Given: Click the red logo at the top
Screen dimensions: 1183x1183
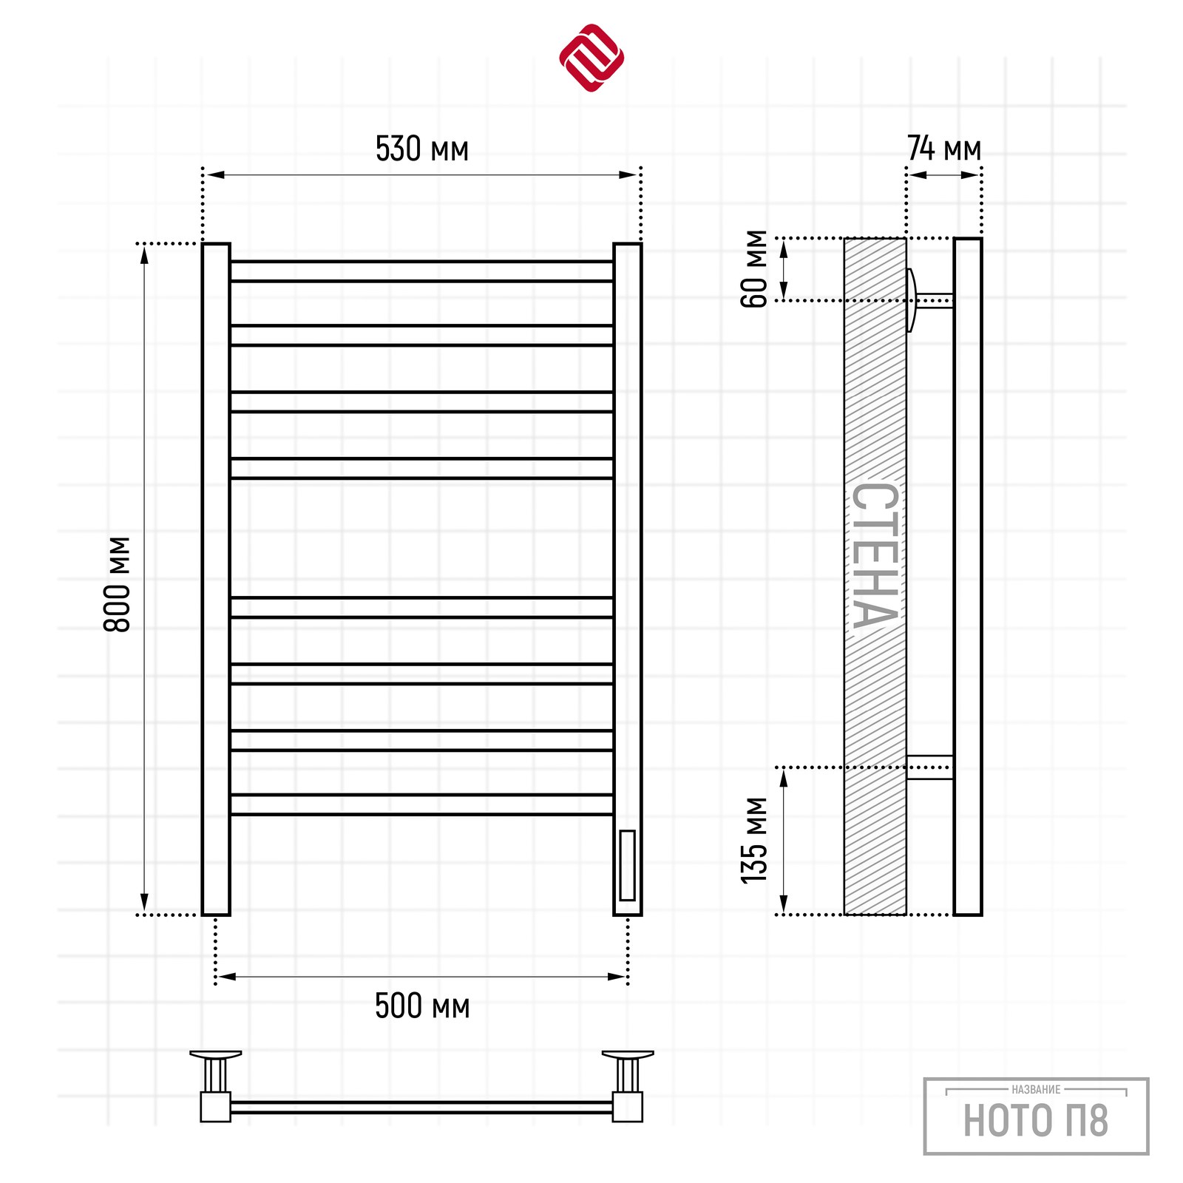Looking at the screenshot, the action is [x=591, y=58].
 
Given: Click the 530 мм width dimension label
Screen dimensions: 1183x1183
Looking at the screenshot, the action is [x=422, y=149].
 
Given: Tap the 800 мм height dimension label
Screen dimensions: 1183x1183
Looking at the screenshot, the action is [x=117, y=584].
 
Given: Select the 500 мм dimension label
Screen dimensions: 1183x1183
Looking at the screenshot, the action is [x=422, y=1006].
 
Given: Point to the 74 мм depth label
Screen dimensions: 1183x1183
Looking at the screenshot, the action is [x=944, y=148].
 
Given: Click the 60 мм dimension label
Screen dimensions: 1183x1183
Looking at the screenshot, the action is [x=754, y=268].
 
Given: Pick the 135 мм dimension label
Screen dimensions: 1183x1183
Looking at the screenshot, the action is [x=754, y=841].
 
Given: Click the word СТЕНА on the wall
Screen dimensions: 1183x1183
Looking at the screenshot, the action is [x=875, y=555].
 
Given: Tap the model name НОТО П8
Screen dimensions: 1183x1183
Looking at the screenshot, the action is [x=1035, y=1120].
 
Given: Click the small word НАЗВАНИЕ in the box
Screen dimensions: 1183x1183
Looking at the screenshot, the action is [x=1036, y=1089].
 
